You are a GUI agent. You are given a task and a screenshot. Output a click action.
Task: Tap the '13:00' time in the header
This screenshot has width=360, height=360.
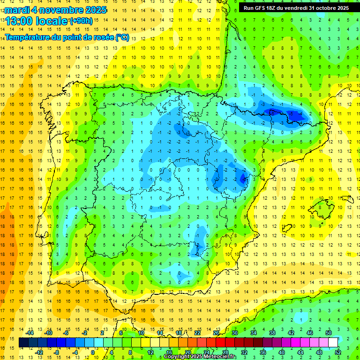pyautogui.click(x=21, y=21)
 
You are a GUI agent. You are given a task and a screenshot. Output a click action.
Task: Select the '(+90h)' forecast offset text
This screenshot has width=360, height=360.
pyautogui.click(x=81, y=21)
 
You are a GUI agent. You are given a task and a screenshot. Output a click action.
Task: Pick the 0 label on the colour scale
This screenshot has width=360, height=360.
pyautogui.click(x=92, y=352)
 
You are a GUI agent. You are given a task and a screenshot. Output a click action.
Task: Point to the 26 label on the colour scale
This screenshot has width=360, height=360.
pyautogui.click(x=216, y=333)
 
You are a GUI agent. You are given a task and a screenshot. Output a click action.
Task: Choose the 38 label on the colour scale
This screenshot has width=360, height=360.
pyautogui.click(x=272, y=333)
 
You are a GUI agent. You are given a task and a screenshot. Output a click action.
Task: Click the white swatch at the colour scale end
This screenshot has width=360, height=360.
pyautogui.click(x=333, y=343)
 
